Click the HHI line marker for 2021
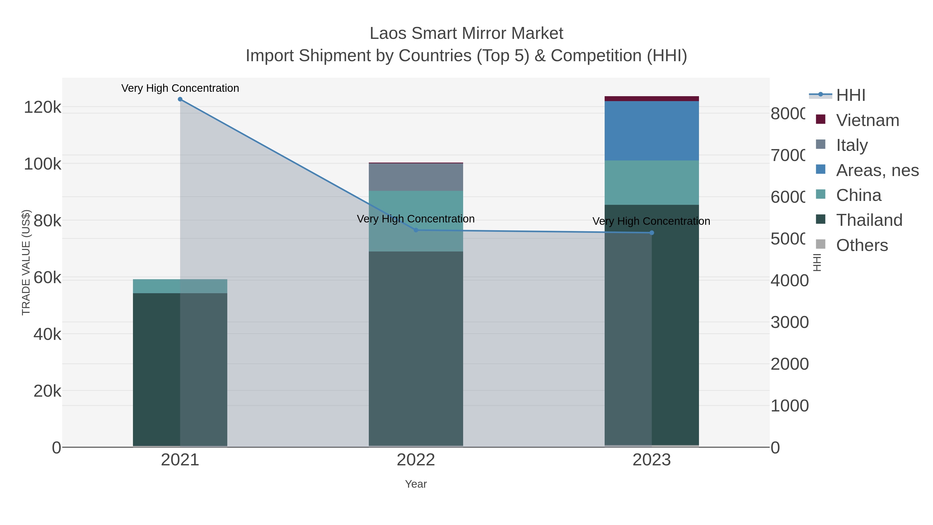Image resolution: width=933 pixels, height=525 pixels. pyautogui.click(x=180, y=99)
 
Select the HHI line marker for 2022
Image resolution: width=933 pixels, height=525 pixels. pyautogui.click(x=416, y=230)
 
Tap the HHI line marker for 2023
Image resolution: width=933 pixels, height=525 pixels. pyautogui.click(x=652, y=233)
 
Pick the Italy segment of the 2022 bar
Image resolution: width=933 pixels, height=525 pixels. pyautogui.click(x=416, y=177)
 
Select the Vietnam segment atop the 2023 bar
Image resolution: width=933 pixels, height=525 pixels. pyautogui.click(x=652, y=99)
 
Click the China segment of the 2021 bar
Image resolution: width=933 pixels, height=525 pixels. pyautogui.click(x=180, y=286)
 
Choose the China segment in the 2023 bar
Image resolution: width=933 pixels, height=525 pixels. pyautogui.click(x=652, y=183)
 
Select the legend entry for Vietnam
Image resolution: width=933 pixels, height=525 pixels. pyautogui.click(x=867, y=120)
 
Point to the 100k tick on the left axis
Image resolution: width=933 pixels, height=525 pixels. pyautogui.click(x=43, y=164)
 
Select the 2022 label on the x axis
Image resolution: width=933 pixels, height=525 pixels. pyautogui.click(x=416, y=460)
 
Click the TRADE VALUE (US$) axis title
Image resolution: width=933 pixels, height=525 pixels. pyautogui.click(x=26, y=262)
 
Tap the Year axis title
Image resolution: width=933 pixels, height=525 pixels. pyautogui.click(x=416, y=484)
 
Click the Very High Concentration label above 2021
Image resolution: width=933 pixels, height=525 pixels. pyautogui.click(x=180, y=88)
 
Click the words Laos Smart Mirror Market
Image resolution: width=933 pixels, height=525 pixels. pyautogui.click(x=466, y=33)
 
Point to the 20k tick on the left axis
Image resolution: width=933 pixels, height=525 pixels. pyautogui.click(x=47, y=391)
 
